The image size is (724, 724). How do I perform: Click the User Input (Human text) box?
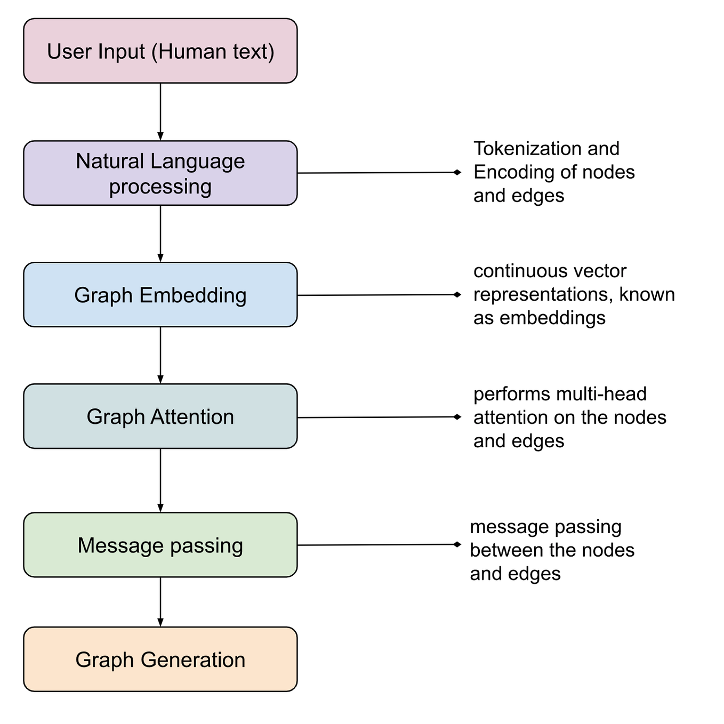coord(160,51)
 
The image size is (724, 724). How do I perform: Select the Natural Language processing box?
coord(160,173)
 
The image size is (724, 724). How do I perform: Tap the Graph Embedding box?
coord(160,295)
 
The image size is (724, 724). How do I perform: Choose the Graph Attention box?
coord(160,416)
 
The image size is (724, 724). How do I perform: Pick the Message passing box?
coord(160,545)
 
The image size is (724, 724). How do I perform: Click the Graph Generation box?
coord(160,659)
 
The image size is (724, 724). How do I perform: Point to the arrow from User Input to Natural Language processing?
coord(160,111)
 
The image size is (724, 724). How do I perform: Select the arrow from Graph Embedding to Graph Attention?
coord(160,355)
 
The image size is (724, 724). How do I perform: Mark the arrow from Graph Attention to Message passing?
coord(160,480)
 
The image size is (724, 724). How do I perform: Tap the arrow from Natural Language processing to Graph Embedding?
coord(160,234)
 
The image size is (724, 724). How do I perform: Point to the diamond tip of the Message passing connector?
coord(457,544)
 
